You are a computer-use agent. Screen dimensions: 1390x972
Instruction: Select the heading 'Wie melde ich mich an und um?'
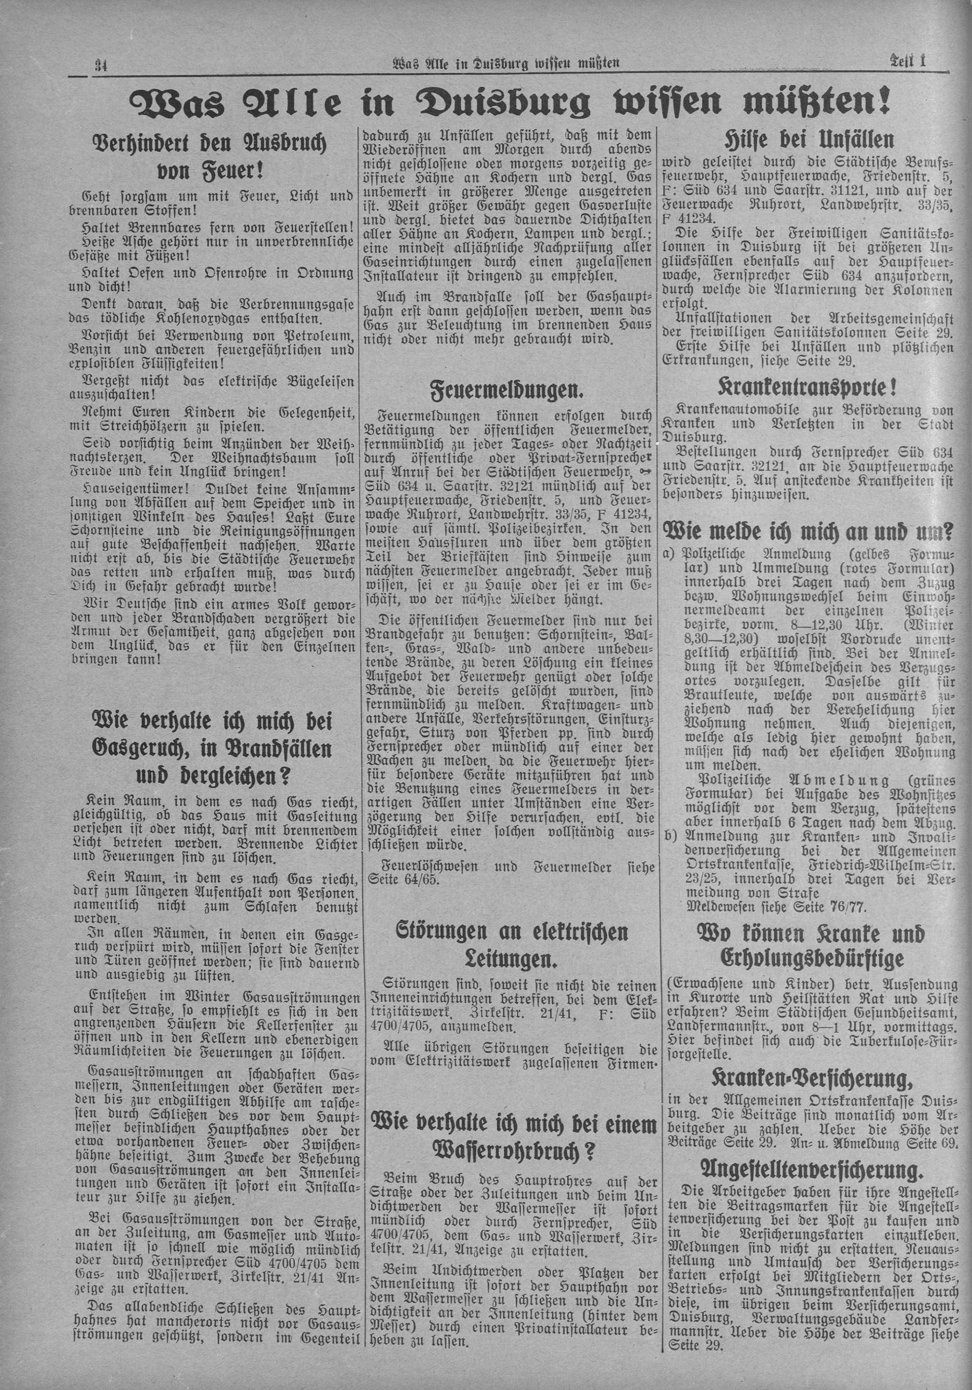pos(809,532)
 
